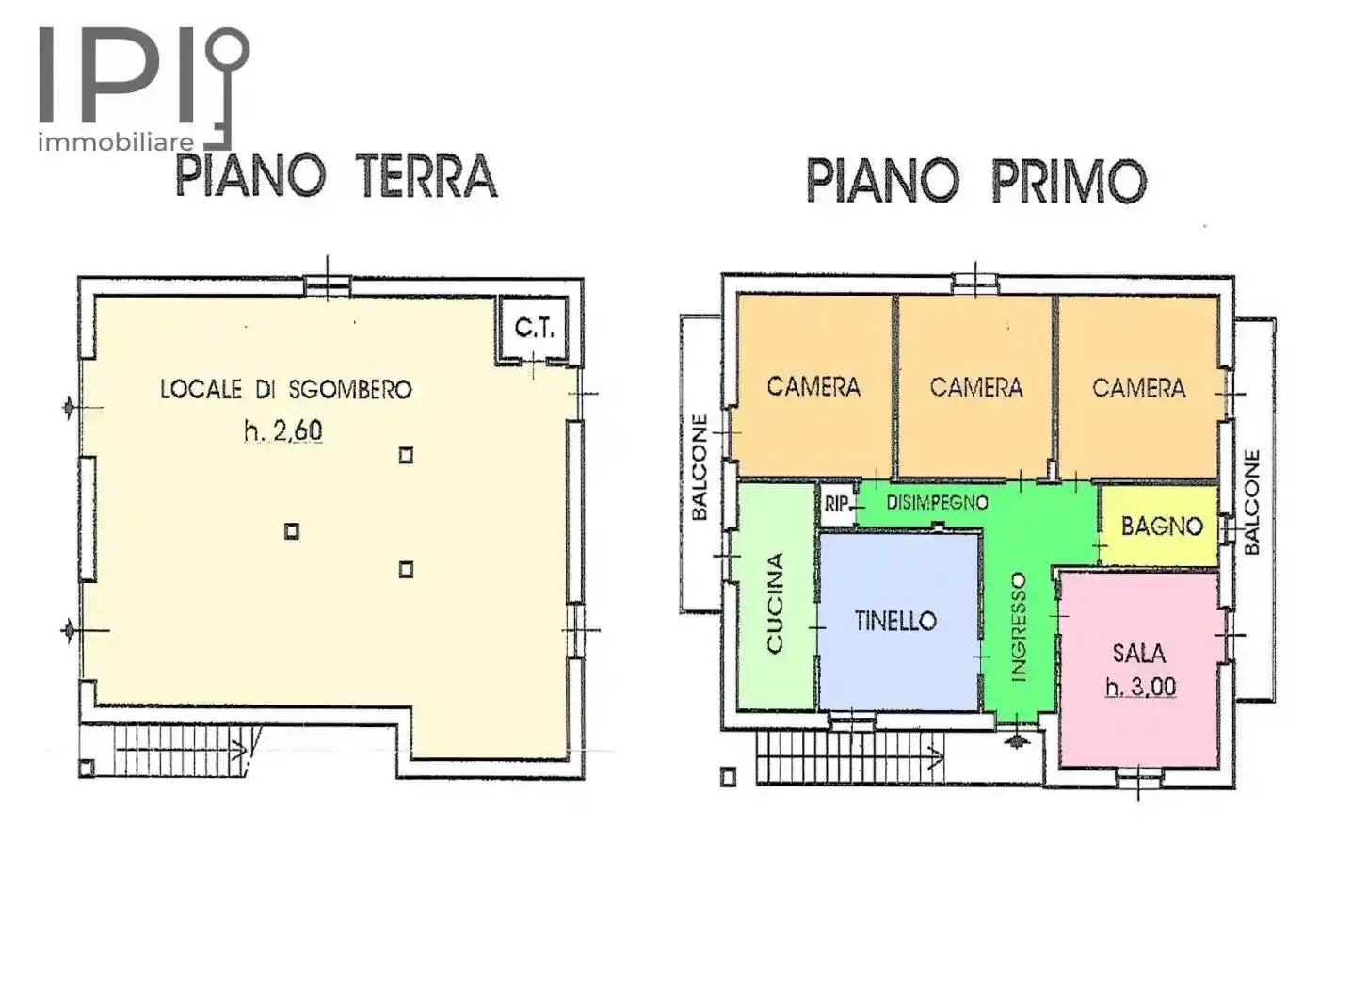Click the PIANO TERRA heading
point(336,177)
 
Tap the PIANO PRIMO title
point(976,181)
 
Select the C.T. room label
point(534,329)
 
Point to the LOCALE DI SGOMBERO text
point(285,389)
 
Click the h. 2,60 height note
point(282,431)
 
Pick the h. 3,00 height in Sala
point(1140,688)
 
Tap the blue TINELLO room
point(895,621)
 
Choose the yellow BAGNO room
point(1161,527)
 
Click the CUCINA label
point(775,603)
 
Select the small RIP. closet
point(836,505)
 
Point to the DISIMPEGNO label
point(937,503)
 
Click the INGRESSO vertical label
point(1018,626)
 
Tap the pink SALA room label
point(1138,653)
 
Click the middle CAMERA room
point(975,387)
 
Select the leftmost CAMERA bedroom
point(813,386)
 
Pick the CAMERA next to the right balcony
point(1138,387)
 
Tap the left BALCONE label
point(700,467)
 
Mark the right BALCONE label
point(1251,502)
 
